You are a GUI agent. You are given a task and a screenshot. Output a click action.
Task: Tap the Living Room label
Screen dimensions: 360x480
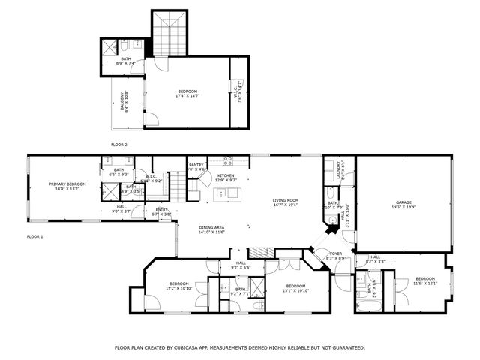tap(285, 202)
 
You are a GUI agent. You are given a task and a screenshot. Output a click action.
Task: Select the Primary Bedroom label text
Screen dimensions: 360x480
tap(67, 186)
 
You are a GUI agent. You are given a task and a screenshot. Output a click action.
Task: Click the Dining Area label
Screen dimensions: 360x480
tap(211, 229)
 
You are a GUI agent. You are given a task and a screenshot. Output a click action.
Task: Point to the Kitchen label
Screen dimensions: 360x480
tap(226, 177)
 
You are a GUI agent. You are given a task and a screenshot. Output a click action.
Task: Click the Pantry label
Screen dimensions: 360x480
tap(196, 166)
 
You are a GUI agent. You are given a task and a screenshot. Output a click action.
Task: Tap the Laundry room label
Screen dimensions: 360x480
tap(340, 169)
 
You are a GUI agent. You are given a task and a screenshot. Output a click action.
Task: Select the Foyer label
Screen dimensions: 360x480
tap(336, 255)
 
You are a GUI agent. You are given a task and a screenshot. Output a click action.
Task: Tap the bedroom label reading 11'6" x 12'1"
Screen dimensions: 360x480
tap(424, 280)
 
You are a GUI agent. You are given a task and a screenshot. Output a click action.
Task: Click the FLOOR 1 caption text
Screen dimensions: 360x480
tap(34, 236)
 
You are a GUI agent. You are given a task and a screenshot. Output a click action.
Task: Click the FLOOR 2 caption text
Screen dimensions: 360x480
tap(118, 144)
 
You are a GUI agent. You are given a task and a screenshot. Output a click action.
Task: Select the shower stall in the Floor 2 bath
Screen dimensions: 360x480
tap(109, 47)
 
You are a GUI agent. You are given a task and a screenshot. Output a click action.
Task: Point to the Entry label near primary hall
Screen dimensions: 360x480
tap(162, 211)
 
